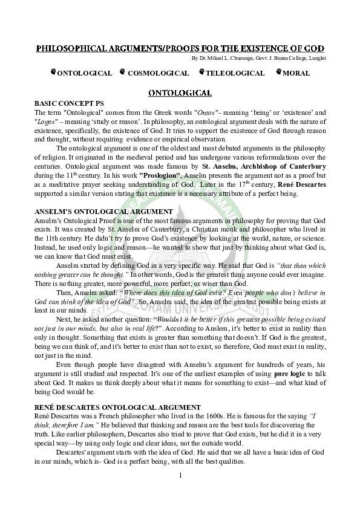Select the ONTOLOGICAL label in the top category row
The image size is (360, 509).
click(84, 73)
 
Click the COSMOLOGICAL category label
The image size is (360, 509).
click(159, 73)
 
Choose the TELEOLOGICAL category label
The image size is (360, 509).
click(235, 73)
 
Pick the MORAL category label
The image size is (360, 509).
click(296, 73)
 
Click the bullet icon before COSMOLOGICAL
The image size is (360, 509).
click(123, 73)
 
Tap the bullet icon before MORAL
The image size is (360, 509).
click(278, 73)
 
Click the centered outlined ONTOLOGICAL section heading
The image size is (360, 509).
click(180, 92)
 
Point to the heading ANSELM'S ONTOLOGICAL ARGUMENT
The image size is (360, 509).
click(103, 211)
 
